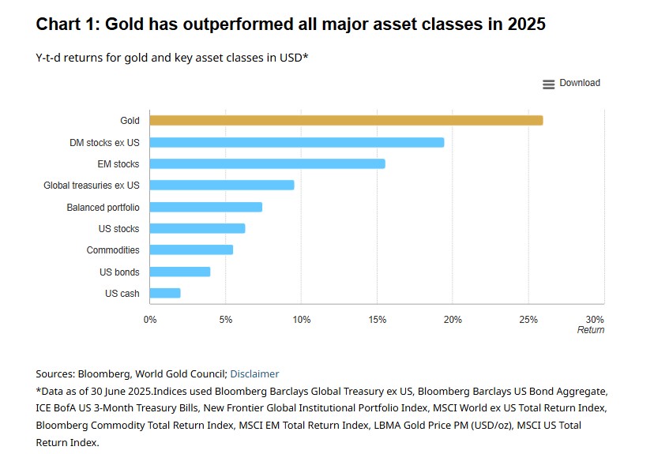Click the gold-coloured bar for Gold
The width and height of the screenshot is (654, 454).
pos(346,121)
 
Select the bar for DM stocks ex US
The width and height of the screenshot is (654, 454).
pos(296,142)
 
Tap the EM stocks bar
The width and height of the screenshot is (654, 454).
pos(267,163)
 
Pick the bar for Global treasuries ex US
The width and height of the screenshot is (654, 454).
pos(222,185)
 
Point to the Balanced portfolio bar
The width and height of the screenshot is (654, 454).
pos(205,207)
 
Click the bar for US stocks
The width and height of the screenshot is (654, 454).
pos(197,228)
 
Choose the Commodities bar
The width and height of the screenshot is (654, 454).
pos(191,250)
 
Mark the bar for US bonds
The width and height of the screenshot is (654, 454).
pos(179,272)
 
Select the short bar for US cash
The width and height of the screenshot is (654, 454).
pos(164,293)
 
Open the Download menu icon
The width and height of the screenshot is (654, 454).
pos(549,84)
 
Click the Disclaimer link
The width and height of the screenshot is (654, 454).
pos(254,374)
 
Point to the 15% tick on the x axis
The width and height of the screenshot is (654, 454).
pos(377,319)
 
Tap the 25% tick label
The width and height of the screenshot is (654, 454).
pos(528,319)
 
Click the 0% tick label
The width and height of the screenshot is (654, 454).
pos(149,319)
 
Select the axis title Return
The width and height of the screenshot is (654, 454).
pos(590,330)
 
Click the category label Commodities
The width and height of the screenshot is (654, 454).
pos(113,250)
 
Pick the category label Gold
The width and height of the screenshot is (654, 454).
pos(130,121)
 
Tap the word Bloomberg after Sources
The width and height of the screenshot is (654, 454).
pos(104,374)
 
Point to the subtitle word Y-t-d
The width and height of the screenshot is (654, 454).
pos(50,58)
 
